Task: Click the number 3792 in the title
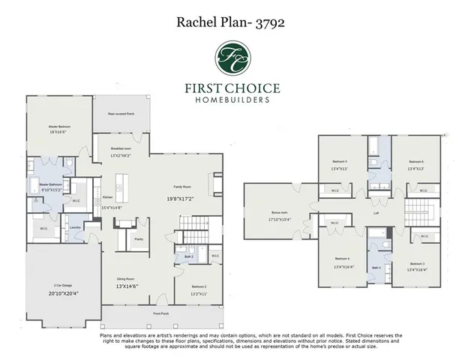tap(269, 21)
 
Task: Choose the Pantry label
tap(139, 239)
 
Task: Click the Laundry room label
tap(74, 227)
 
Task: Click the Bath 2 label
tap(188, 257)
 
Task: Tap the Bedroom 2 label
tap(199, 286)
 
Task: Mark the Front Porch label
tap(161, 313)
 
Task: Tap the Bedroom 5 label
tap(340, 161)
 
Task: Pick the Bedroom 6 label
tap(416, 161)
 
